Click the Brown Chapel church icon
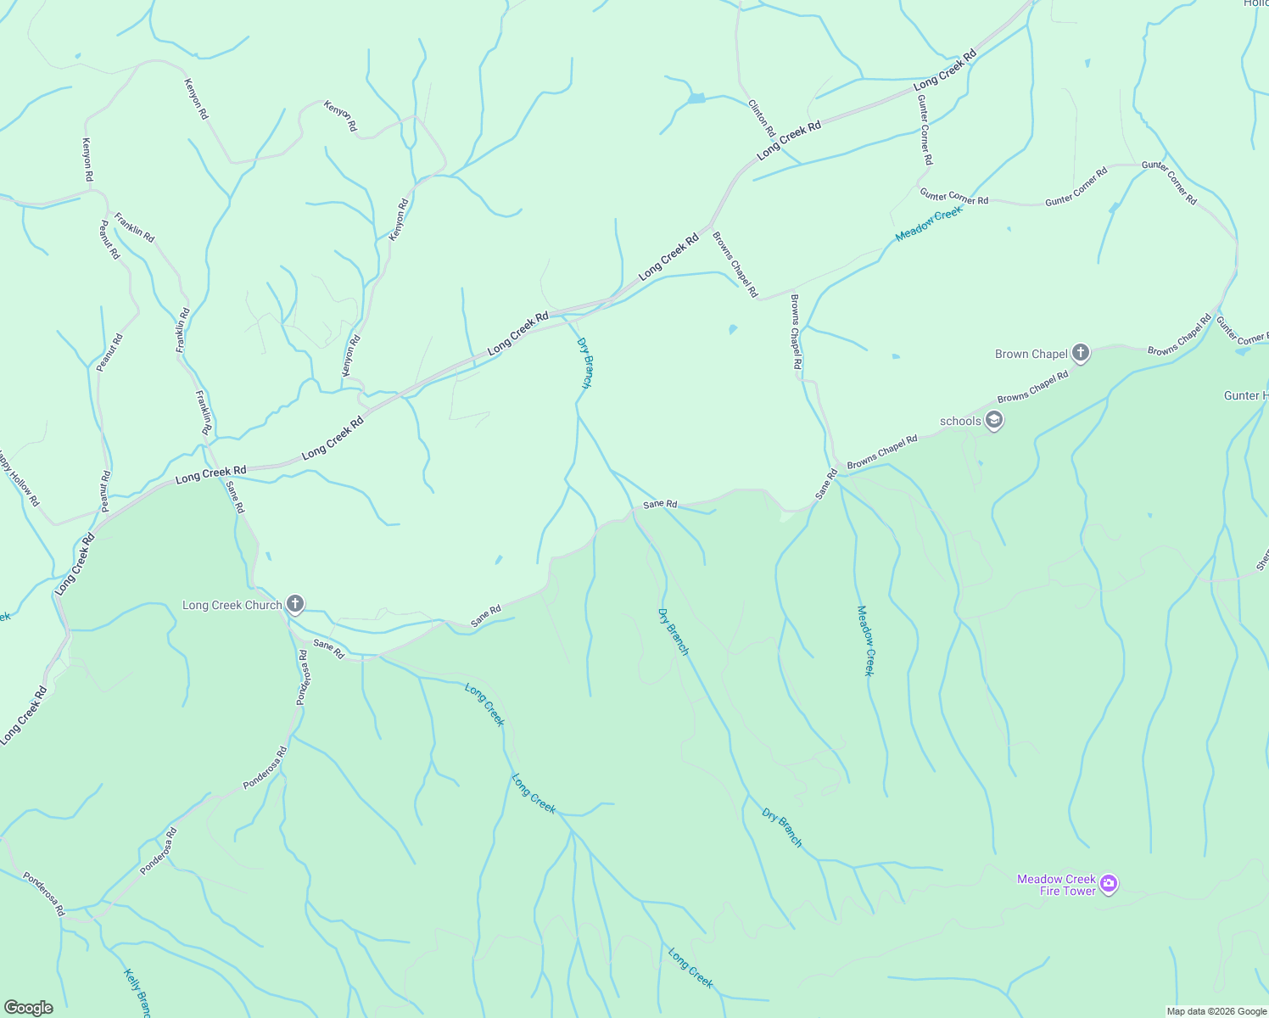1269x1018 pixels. tap(1080, 353)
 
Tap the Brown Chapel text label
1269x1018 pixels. tap(1030, 354)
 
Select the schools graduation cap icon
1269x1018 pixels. tap(995, 420)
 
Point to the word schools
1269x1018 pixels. tap(960, 421)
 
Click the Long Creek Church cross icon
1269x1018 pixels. tap(294, 604)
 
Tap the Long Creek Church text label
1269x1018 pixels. tap(232, 605)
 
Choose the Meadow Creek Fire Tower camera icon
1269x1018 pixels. tap(1108, 884)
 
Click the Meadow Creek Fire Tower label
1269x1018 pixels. tap(1057, 885)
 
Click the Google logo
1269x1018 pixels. tap(28, 1007)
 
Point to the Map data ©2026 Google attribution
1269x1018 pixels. tap(1216, 1011)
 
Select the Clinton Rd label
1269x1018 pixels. tap(762, 119)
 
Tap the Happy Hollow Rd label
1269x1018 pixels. tap(19, 478)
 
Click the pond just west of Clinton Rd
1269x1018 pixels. tap(696, 98)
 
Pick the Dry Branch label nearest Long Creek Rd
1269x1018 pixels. tap(585, 363)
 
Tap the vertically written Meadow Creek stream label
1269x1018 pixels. tap(864, 640)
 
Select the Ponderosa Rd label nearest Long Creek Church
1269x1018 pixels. tap(303, 677)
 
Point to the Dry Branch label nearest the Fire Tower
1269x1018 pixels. tap(781, 827)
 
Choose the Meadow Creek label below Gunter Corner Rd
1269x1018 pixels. tap(929, 223)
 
